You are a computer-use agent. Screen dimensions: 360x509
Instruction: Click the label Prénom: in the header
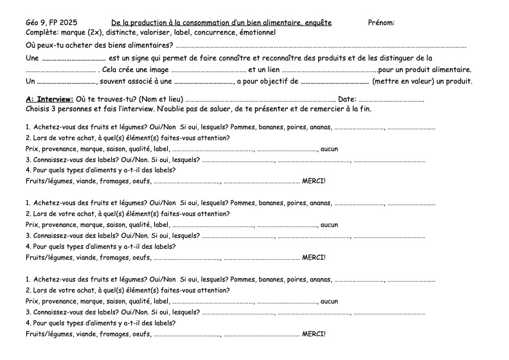coord(381,22)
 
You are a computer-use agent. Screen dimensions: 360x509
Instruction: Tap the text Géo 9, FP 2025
coord(51,22)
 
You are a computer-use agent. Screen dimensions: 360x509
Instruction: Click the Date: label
coord(347,100)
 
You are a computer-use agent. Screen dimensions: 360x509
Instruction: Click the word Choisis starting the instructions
coord(38,109)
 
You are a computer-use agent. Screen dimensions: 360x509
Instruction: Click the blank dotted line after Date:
coord(391,101)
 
